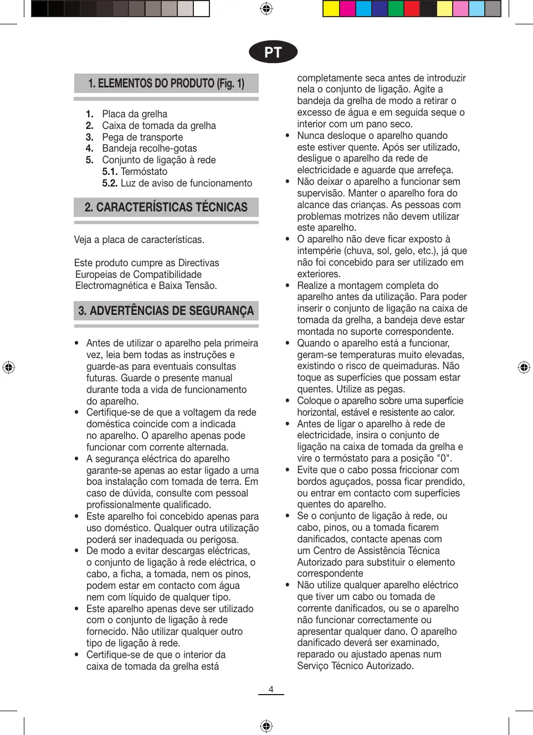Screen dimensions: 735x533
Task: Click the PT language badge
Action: point(273,52)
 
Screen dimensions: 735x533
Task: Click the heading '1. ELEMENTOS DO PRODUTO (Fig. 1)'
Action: point(166,84)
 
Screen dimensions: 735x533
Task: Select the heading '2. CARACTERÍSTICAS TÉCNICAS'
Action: point(166,208)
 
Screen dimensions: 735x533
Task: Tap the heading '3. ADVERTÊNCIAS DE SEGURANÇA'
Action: point(166,311)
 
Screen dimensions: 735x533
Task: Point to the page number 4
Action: point(271,689)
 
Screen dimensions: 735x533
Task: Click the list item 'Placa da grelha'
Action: point(135,114)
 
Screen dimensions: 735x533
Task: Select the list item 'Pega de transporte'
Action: point(142,137)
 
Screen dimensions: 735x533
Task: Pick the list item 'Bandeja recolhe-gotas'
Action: point(150,148)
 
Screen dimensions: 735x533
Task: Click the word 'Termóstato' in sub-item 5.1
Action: point(144,172)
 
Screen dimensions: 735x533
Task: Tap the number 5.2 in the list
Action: point(110,183)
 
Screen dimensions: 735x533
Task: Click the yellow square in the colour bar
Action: point(331,9)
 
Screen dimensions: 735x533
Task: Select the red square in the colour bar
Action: point(412,9)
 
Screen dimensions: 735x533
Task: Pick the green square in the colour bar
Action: point(396,9)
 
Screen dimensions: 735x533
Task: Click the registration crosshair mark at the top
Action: point(266,9)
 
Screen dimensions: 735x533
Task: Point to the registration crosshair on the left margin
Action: point(9,367)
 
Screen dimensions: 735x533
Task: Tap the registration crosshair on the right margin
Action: point(524,367)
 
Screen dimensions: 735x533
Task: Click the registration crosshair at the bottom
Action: point(266,726)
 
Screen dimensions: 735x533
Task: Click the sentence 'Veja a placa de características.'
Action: point(139,240)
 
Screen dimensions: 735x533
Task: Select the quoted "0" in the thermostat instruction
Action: point(444,458)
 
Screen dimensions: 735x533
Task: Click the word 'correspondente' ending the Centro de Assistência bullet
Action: point(330,573)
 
